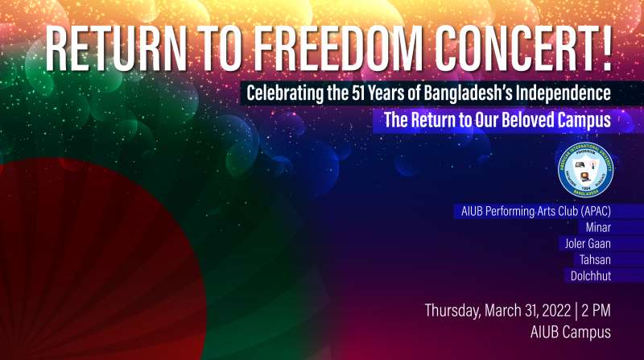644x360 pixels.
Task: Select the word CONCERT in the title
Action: point(515,50)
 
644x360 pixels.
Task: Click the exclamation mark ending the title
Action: point(605,50)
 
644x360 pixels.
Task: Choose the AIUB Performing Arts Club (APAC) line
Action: point(538,212)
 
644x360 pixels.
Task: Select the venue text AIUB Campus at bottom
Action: point(570,332)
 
